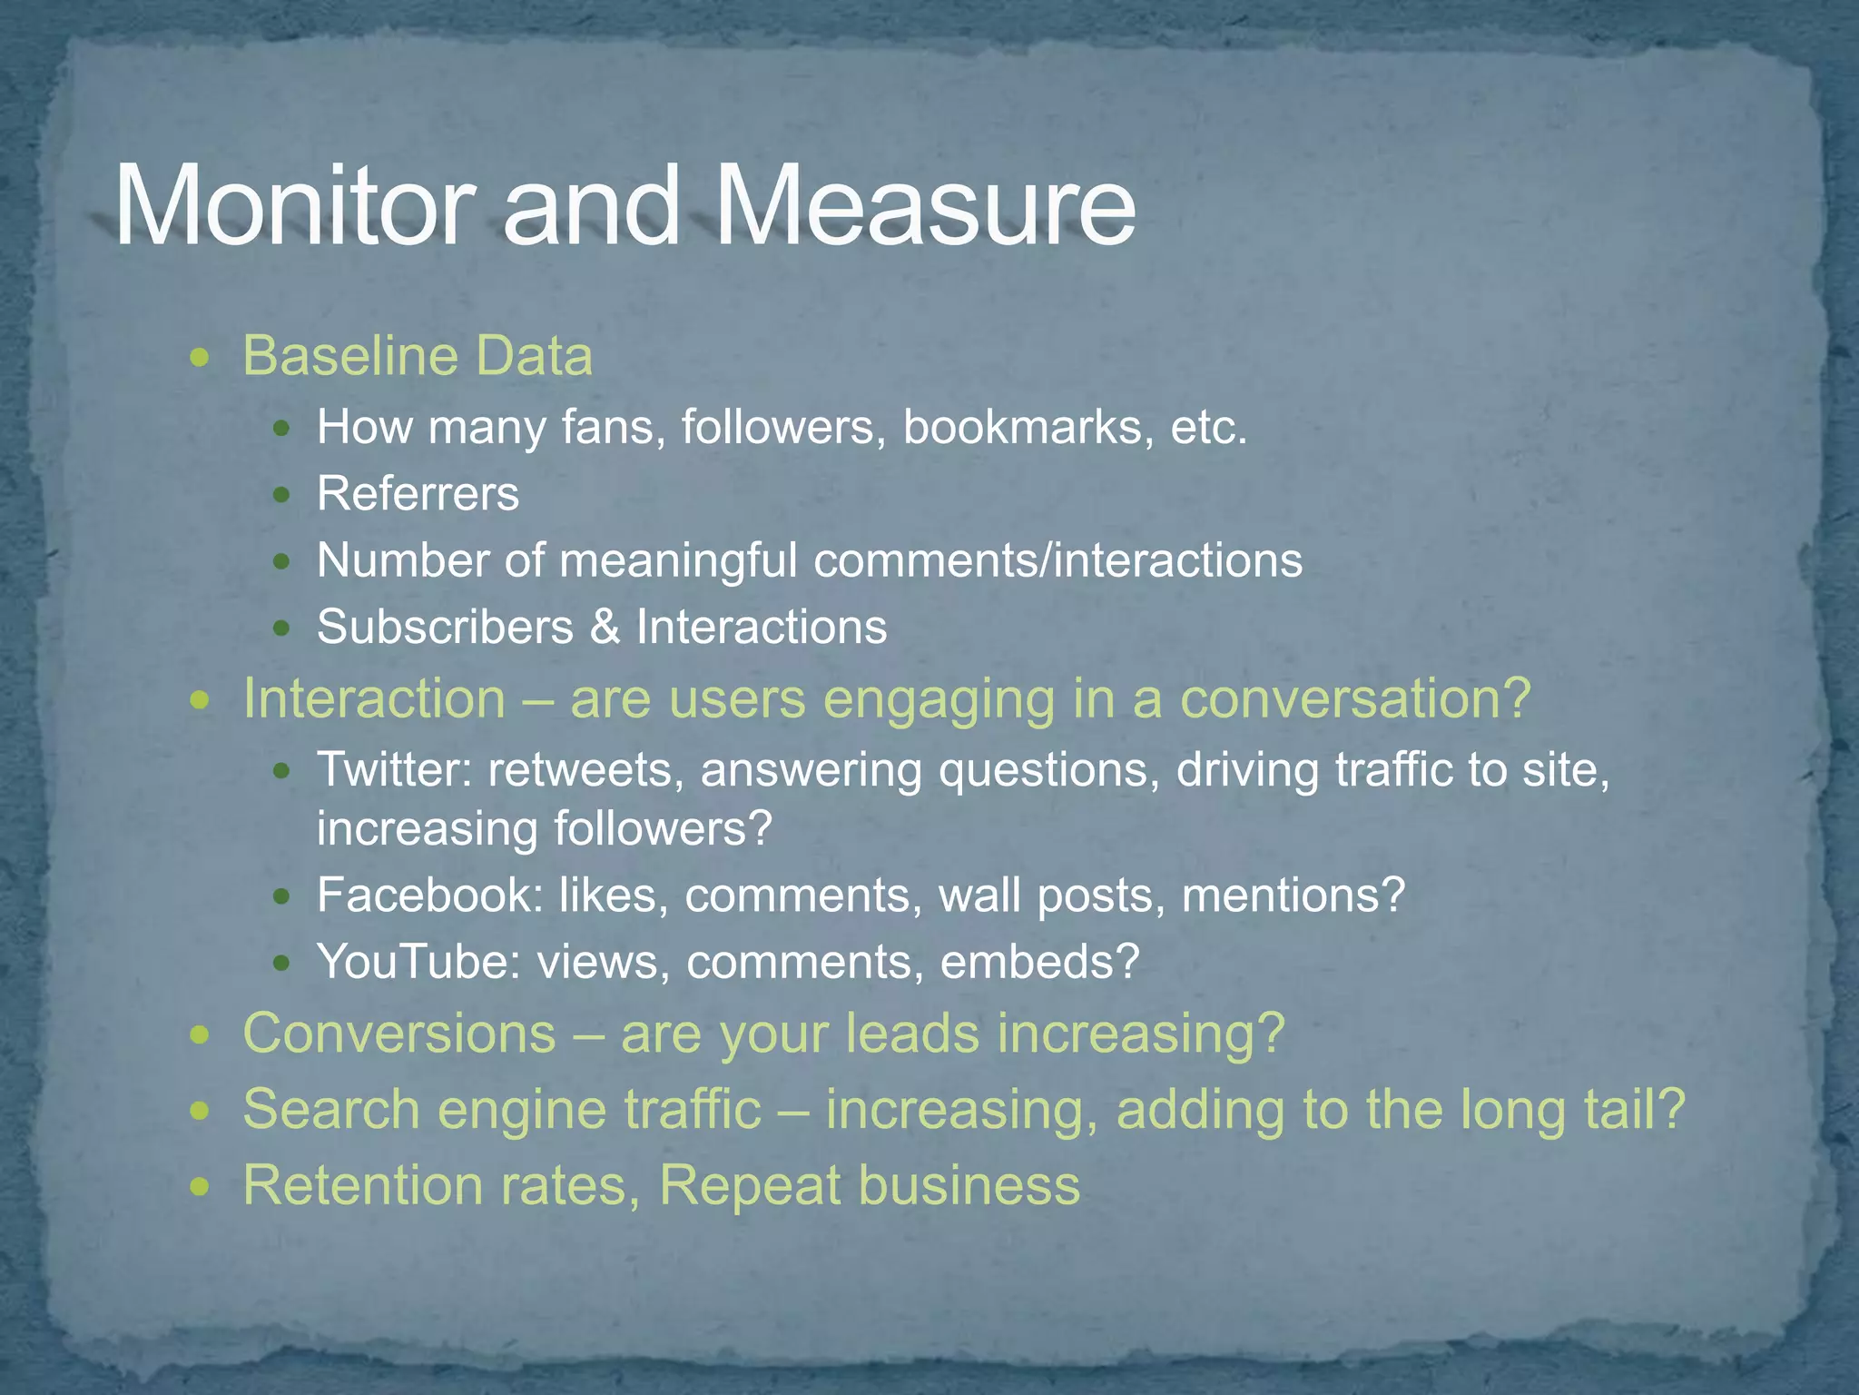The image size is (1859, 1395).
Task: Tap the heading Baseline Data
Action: click(x=418, y=356)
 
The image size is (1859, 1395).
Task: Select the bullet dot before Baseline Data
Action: click(x=201, y=359)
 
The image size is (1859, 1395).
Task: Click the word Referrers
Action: click(x=418, y=495)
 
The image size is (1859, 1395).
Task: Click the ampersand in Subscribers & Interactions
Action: click(x=604, y=628)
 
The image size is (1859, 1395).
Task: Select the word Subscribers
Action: click(x=445, y=628)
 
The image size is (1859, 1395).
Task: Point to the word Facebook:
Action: click(x=429, y=895)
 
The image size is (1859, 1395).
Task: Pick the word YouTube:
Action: click(x=418, y=962)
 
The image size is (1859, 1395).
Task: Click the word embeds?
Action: click(x=1039, y=962)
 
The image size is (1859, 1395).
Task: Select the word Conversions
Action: click(x=399, y=1034)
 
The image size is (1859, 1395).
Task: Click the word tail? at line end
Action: click(x=1634, y=1110)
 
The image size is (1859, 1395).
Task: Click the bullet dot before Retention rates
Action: click(x=201, y=1187)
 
